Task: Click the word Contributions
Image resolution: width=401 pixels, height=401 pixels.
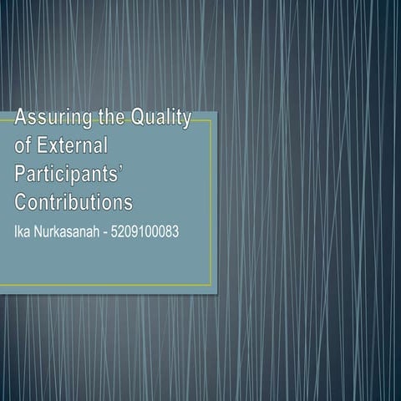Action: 74,202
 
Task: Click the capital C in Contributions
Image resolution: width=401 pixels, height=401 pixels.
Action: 22,202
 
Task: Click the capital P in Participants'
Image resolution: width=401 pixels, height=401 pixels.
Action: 22,175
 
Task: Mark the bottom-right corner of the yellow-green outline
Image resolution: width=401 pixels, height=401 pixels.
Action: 211,285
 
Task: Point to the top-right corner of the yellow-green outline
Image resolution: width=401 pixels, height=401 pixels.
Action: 211,120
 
